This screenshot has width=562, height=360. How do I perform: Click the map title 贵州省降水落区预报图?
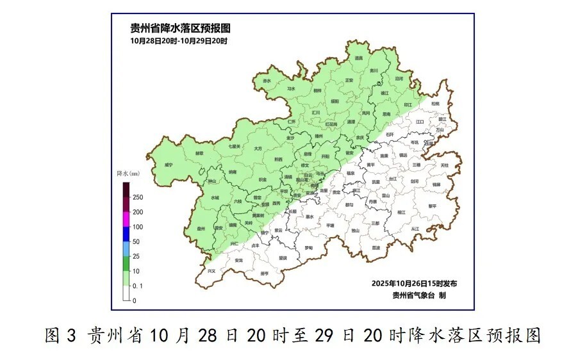[x=179, y=28]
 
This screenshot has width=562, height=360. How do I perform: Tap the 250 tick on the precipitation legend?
[x=138, y=197]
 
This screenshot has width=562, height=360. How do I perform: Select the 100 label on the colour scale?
[x=138, y=227]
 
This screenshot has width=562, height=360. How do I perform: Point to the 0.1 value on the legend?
[x=138, y=286]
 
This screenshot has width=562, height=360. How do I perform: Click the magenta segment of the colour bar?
[x=126, y=219]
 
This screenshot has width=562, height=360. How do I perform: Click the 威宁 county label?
[x=169, y=165]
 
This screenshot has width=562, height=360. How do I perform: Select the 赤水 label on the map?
[x=267, y=81]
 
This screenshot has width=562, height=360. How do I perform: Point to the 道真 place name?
[x=359, y=58]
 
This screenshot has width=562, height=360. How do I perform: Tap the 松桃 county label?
[x=436, y=103]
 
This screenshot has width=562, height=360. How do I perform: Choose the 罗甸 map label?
[x=309, y=248]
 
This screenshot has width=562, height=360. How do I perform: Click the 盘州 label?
[x=201, y=228]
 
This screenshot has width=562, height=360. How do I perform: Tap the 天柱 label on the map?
[x=445, y=165]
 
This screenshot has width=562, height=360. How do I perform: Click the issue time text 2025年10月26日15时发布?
[x=414, y=283]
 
